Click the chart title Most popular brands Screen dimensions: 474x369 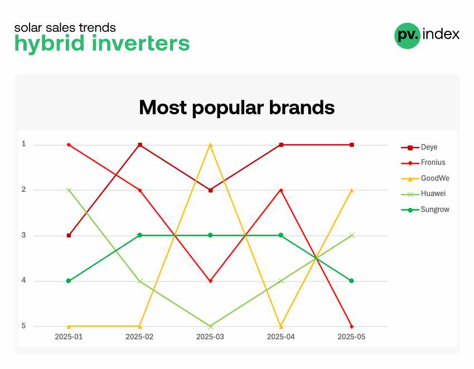tap(236, 108)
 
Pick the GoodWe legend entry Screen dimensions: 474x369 tap(425, 178)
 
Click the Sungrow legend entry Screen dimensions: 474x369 tap(425, 210)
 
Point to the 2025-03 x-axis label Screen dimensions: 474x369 tap(210, 337)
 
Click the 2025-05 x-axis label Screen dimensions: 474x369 tap(351, 337)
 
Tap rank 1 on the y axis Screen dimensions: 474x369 tap(23, 144)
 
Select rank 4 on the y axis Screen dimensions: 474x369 tap(23, 280)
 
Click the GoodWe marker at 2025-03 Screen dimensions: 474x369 tap(210, 145)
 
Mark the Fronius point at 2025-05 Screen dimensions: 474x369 tap(351, 327)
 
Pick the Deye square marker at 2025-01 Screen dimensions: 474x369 tap(69, 235)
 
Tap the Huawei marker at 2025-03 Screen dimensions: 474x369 tap(210, 327)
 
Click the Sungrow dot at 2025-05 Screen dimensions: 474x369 tap(351, 281)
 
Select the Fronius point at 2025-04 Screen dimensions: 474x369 tap(281, 190)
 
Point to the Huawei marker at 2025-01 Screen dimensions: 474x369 tap(69, 190)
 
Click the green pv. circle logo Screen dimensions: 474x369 tap(408, 36)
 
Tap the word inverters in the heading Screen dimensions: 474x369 tap(141, 43)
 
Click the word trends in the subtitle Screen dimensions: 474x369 tap(97, 28)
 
